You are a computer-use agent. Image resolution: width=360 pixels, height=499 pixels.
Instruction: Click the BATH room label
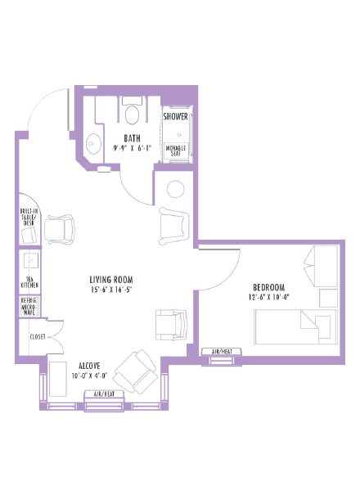132,137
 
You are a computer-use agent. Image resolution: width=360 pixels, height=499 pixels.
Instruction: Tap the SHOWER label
176,116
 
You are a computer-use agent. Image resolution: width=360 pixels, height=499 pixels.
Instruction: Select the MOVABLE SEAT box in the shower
176,151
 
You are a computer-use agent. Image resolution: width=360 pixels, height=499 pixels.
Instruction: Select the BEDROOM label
268,287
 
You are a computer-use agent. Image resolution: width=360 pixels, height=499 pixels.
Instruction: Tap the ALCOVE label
90,366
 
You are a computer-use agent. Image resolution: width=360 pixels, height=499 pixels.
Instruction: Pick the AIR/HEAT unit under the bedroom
222,352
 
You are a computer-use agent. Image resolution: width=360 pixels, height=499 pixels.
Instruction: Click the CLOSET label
37,336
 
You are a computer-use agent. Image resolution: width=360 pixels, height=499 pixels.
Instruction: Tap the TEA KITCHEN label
29,282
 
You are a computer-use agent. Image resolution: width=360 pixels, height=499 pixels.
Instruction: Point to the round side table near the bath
176,189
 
